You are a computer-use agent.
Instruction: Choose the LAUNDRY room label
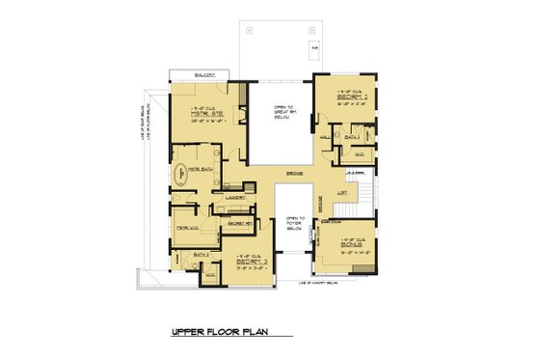tap(234, 199)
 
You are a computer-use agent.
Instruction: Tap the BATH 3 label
tap(202, 254)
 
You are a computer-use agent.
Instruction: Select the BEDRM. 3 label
tap(250, 262)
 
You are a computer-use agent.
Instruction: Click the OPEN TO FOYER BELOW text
tap(295, 224)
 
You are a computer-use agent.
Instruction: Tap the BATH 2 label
tap(351, 139)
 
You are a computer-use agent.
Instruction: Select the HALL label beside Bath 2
tap(325, 138)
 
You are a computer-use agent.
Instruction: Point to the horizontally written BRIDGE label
tap(294, 174)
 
